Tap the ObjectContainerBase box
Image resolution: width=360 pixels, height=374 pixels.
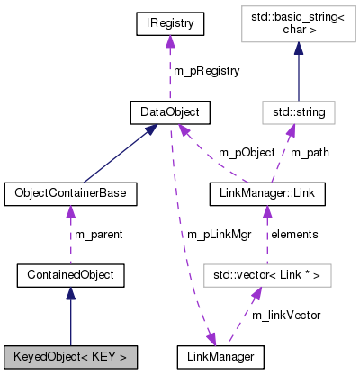coord(70,193)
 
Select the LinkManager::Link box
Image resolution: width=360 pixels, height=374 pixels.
coord(266,193)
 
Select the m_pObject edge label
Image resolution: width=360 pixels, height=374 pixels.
coord(221,152)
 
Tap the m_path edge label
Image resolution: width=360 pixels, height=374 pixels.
coord(310,152)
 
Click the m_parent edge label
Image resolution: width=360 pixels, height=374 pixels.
coord(97,234)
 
